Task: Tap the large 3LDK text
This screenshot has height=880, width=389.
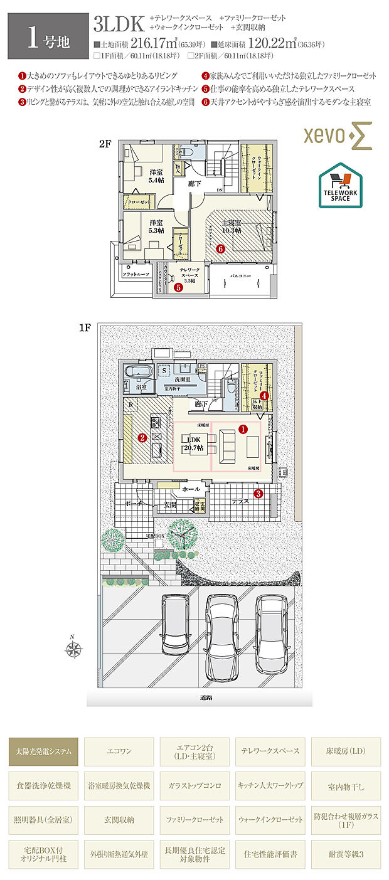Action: point(119,24)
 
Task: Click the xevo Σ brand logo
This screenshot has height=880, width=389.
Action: point(338,136)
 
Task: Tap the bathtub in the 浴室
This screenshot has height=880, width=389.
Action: point(138,373)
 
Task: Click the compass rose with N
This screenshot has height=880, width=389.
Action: point(73,649)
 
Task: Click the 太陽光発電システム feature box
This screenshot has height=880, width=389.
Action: point(43,751)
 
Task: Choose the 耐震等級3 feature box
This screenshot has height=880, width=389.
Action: point(346,854)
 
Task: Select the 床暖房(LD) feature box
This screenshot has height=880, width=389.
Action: point(346,751)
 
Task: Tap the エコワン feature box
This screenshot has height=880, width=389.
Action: point(119,751)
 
